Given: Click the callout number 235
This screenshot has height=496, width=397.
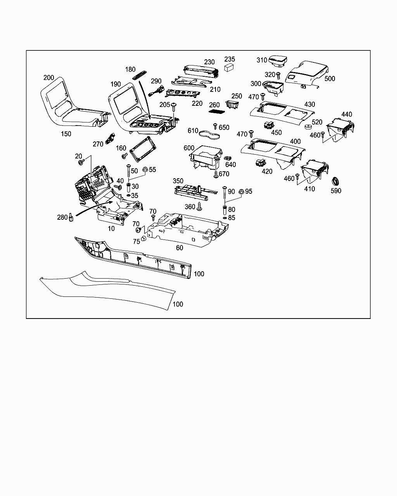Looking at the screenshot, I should (230, 59).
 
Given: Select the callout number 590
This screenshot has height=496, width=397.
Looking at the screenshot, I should (336, 191).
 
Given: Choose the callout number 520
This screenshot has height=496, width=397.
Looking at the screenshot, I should (317, 122).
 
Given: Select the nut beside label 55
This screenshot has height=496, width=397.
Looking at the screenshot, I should (145, 170).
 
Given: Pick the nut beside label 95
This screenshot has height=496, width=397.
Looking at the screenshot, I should (240, 191).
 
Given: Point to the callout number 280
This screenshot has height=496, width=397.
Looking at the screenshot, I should (62, 217).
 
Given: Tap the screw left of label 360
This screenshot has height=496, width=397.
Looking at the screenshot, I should (200, 207).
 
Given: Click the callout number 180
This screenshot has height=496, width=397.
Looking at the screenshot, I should (130, 69).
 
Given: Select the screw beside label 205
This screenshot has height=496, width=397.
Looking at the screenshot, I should (174, 105).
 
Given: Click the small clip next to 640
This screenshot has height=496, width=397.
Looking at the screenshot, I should (228, 158).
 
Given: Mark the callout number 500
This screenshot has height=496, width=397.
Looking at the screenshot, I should (330, 79).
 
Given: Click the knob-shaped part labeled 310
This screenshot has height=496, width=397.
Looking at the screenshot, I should (278, 61).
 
